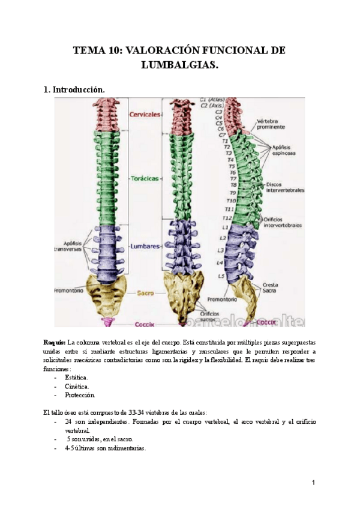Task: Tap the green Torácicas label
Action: coord(145,179)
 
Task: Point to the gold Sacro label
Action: coord(145,293)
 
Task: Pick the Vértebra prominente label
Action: coord(271,124)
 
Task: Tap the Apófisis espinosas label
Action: coord(283,149)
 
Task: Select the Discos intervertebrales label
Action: coord(284,186)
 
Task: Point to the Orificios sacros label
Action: coord(209,316)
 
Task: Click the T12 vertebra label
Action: coord(227,218)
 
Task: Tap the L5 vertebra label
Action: coord(221,276)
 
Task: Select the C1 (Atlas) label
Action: coord(212,99)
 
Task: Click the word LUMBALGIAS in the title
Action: coord(179,64)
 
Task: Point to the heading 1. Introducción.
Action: coord(75,89)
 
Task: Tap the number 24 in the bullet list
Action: coord(69,421)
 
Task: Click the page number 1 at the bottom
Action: coord(313,483)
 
